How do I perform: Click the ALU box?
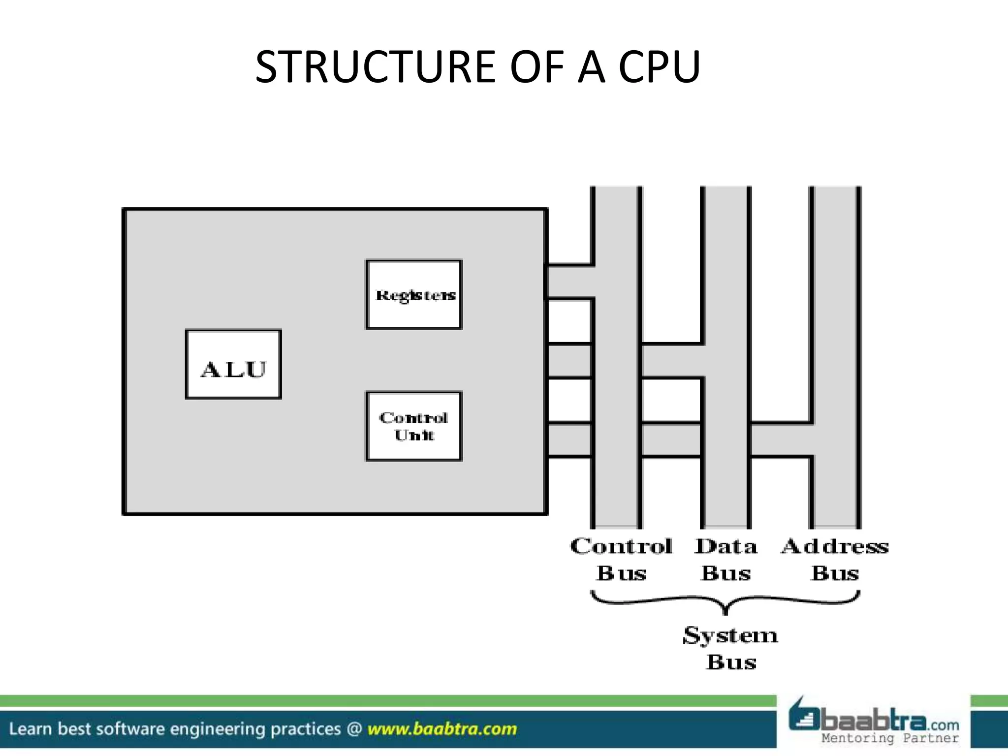[x=233, y=364]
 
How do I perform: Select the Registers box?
[x=414, y=294]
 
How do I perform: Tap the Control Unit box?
[x=414, y=426]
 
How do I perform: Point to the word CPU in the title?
[x=659, y=67]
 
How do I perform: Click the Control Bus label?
[x=621, y=560]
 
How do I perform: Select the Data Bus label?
[x=726, y=560]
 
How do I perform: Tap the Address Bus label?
[x=835, y=560]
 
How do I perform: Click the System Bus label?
[x=731, y=648]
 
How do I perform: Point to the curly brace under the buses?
[x=725, y=602]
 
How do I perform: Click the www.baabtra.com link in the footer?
[x=442, y=729]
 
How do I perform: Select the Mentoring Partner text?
[x=890, y=738]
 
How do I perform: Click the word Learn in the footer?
[x=31, y=729]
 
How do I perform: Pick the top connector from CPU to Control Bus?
[x=570, y=282]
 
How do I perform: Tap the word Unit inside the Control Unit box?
[x=414, y=435]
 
